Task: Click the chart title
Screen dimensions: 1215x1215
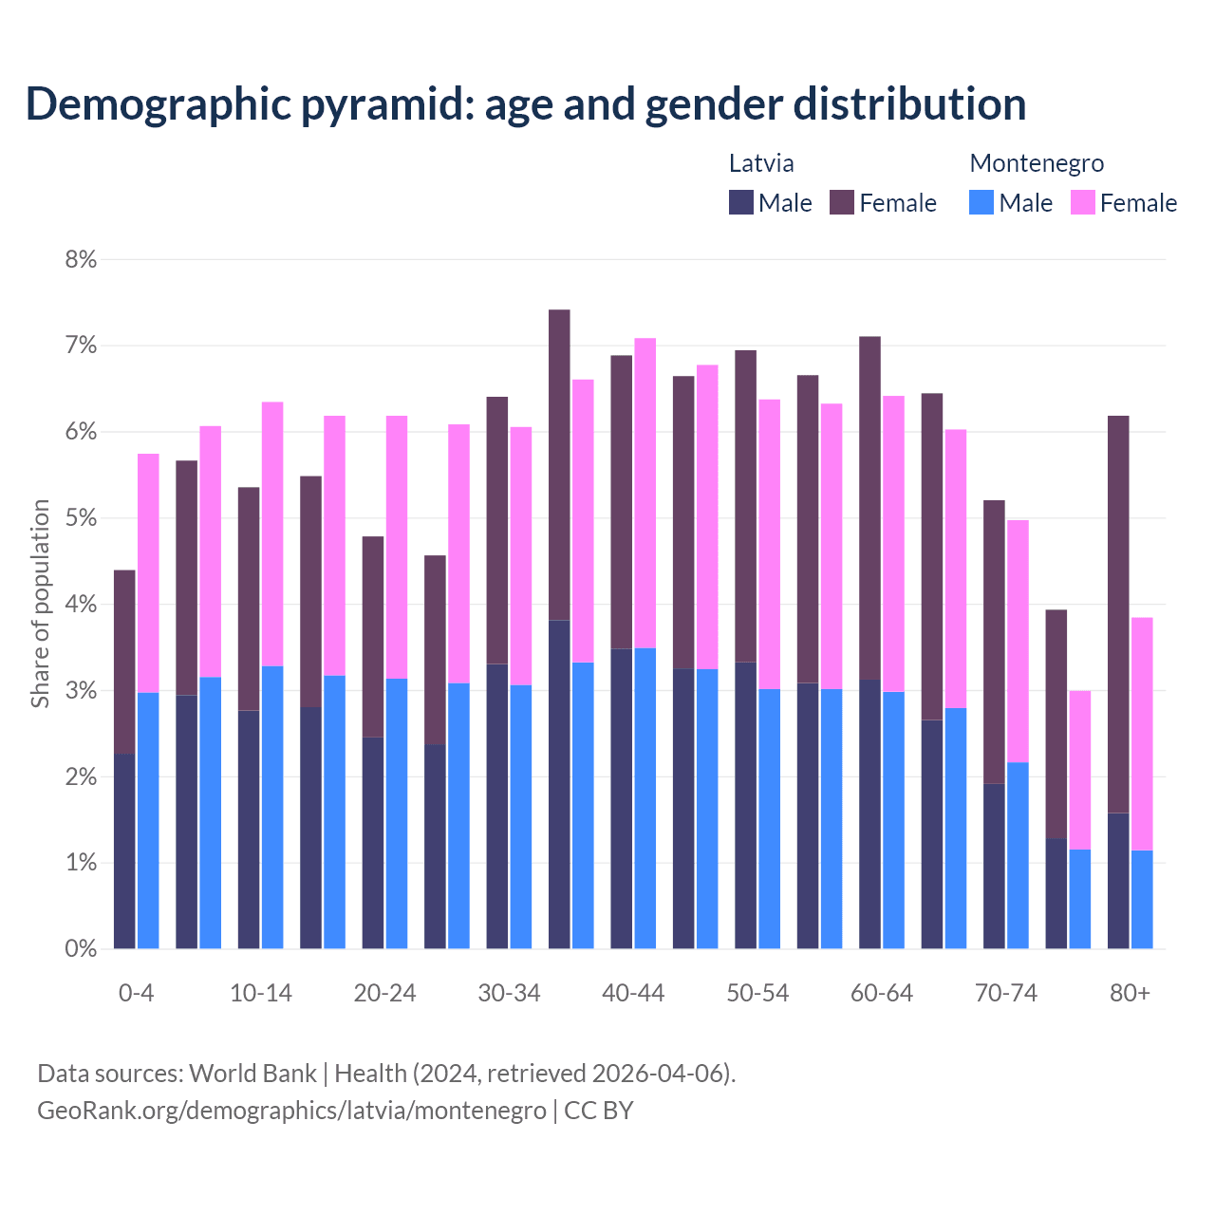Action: coord(525,104)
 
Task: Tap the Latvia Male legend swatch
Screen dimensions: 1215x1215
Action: coord(741,202)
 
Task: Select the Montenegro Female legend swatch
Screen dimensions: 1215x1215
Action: coord(1082,202)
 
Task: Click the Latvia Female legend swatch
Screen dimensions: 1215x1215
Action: coord(842,202)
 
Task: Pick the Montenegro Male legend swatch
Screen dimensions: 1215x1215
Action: coord(981,202)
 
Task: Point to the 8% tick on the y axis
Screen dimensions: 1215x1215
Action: coord(81,259)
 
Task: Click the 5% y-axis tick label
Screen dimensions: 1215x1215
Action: coord(81,518)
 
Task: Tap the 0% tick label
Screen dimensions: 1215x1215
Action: coord(81,948)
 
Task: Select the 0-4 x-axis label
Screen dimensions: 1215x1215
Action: coord(136,993)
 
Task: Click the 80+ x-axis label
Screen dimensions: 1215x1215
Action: coord(1130,993)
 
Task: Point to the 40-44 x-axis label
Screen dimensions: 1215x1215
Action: coord(633,993)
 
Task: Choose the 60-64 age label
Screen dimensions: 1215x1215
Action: coord(882,993)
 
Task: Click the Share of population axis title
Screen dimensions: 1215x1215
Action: coord(40,604)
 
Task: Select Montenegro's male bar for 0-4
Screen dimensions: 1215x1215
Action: coord(148,820)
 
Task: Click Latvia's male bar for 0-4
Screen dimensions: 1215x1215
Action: coord(124,850)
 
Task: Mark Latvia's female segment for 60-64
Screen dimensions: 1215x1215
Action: coord(869,508)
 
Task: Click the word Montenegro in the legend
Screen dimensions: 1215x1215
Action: coord(1037,163)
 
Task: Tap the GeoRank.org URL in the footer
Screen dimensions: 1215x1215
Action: coord(291,1110)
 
